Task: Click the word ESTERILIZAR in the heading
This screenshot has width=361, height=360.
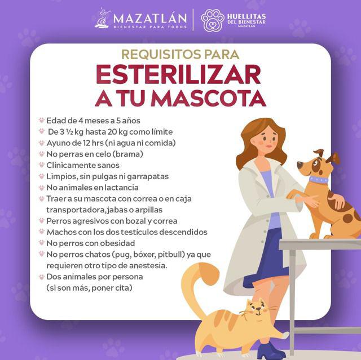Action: (x=178, y=75)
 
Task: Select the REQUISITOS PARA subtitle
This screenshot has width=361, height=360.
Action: (x=180, y=55)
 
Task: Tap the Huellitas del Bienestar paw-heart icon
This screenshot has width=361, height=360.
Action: (x=213, y=20)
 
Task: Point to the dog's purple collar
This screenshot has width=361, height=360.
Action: (x=318, y=180)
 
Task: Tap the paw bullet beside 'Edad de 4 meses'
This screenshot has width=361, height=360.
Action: (x=41, y=121)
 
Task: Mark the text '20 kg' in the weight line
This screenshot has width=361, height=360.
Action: (x=126, y=131)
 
